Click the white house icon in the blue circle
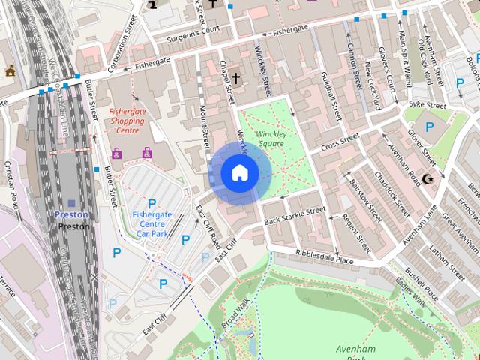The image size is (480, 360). pyautogui.click(x=239, y=173)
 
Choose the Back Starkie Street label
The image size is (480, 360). pyautogui.click(x=295, y=215)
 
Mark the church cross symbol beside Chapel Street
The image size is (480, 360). pyautogui.click(x=235, y=77)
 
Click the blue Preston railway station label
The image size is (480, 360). pyautogui.click(x=72, y=214)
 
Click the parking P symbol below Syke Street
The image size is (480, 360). pyautogui.click(x=430, y=127)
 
